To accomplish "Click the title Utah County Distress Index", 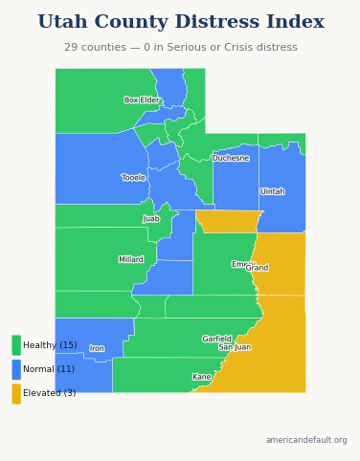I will (x=180, y=22).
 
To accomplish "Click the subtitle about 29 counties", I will (x=180, y=47).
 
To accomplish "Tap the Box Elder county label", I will (x=142, y=99).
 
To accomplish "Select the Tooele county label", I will (x=133, y=177).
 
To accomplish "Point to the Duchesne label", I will (x=231, y=158).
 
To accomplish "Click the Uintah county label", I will (x=272, y=191).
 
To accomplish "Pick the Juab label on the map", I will (x=151, y=219).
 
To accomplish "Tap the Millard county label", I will (x=131, y=259).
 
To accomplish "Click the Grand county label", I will (x=258, y=268).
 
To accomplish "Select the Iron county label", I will (x=97, y=348).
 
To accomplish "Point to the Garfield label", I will (x=216, y=339).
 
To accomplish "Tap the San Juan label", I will (x=235, y=347).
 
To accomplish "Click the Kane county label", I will (x=201, y=377).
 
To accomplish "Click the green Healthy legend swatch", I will (x=16, y=345).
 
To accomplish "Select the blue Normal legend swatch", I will (x=16, y=369).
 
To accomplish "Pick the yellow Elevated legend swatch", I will (x=16, y=393).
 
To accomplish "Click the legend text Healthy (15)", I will (x=50, y=345).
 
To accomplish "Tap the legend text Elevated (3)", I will (x=49, y=393).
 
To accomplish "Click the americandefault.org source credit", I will (x=306, y=440).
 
